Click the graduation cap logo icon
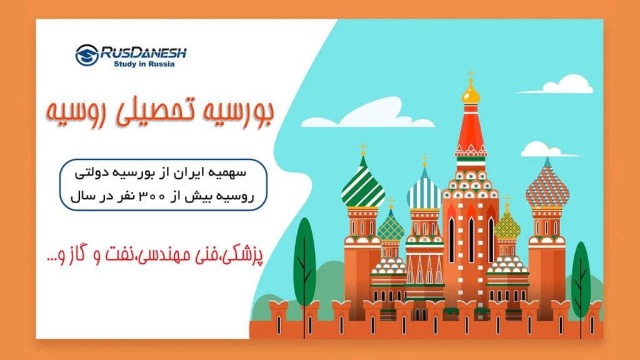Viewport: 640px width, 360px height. pyautogui.click(x=87, y=55)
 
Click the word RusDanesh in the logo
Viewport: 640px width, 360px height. pyautogui.click(x=143, y=53)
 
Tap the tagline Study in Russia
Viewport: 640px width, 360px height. pyautogui.click(x=144, y=64)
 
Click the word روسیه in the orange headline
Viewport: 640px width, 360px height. pyautogui.click(x=71, y=113)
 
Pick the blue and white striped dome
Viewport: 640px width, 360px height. pyautogui.click(x=424, y=191)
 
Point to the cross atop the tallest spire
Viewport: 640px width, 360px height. pyautogui.click(x=471, y=75)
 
